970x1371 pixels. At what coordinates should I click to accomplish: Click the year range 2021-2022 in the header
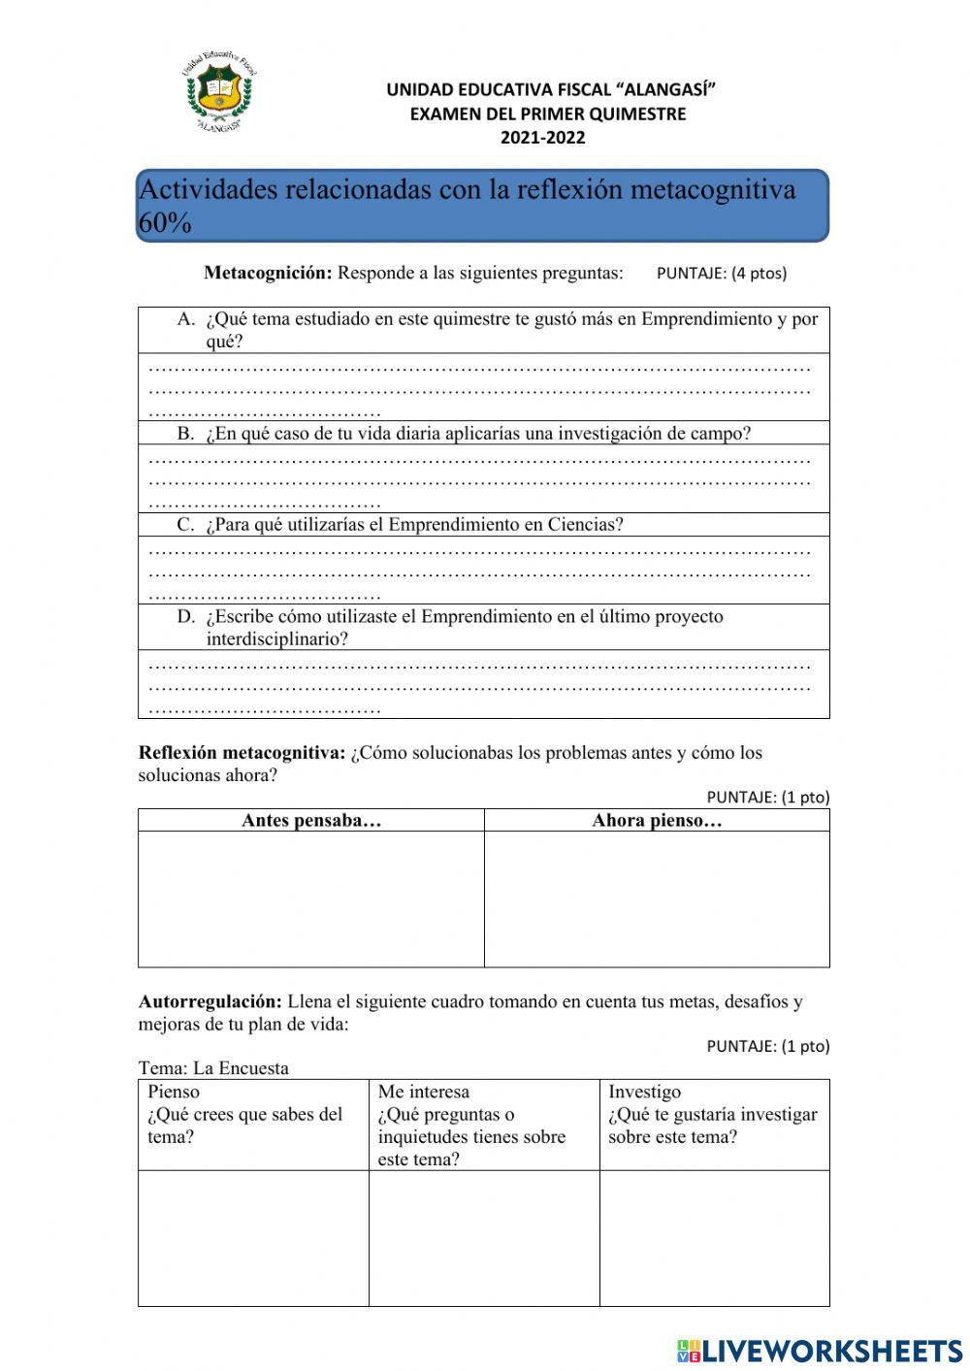(x=542, y=138)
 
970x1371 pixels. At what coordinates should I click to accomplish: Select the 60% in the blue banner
(x=165, y=223)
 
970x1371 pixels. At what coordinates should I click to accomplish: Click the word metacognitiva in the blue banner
(x=712, y=189)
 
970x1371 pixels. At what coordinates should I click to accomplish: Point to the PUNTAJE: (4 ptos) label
(x=722, y=274)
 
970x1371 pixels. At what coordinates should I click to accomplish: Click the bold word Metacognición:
(x=268, y=273)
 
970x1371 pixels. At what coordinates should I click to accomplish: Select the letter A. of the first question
(x=187, y=319)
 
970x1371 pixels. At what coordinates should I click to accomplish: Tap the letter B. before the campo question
(x=186, y=434)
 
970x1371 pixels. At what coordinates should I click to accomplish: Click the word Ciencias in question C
(x=585, y=525)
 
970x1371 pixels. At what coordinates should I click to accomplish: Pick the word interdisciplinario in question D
(x=276, y=639)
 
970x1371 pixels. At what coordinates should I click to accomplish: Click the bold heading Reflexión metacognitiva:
(x=242, y=753)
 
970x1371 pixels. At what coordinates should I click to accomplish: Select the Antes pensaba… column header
(x=311, y=821)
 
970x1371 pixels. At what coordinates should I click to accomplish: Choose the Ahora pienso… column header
(x=657, y=821)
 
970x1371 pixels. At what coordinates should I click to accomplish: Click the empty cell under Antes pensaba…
(x=311, y=898)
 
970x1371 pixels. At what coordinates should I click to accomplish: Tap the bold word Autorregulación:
(x=210, y=1001)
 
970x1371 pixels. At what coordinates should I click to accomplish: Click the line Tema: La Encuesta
(x=213, y=1068)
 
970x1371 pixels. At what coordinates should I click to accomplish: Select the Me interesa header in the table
(x=424, y=1092)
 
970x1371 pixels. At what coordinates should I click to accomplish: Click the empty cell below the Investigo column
(x=714, y=1238)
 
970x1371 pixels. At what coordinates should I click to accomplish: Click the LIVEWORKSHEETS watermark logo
(x=820, y=1351)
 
